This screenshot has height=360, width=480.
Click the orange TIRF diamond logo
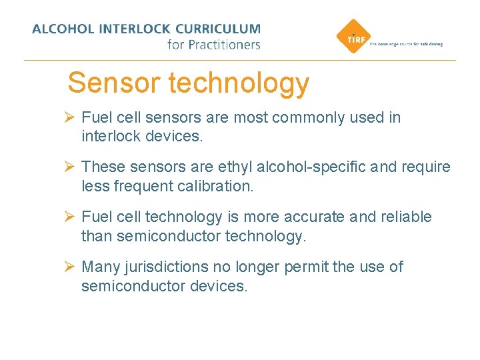(x=350, y=38)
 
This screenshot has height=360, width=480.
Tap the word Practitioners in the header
(x=223, y=45)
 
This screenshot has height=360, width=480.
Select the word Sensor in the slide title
(x=113, y=83)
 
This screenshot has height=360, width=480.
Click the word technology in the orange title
(x=239, y=83)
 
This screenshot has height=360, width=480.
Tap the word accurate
(x=315, y=217)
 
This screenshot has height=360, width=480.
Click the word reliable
(x=406, y=217)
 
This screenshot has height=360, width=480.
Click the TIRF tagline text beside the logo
(x=405, y=44)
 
